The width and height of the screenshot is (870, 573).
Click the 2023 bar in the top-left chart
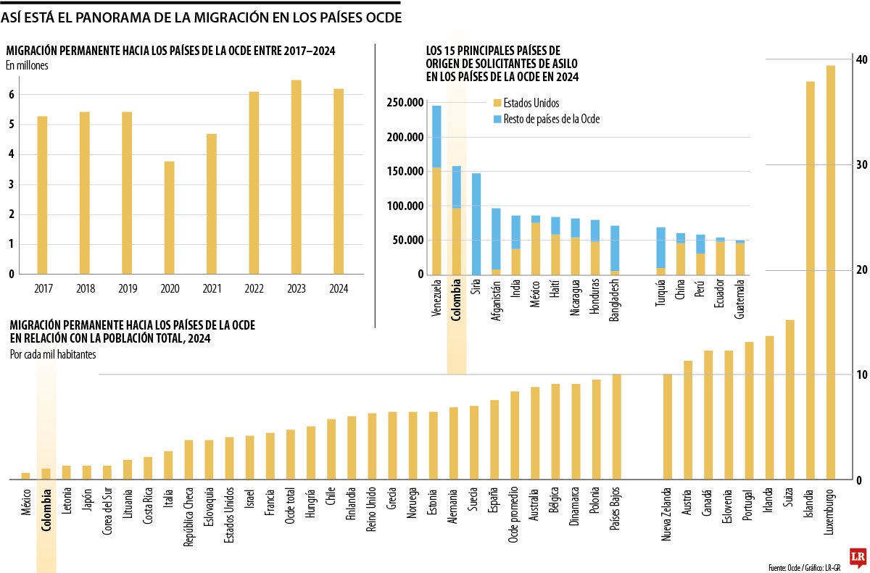297,177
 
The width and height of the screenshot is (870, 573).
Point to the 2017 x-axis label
42,288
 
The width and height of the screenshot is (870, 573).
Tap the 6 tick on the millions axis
12,94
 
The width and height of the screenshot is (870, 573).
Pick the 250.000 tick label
405,104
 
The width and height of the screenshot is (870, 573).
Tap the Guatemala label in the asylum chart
740,300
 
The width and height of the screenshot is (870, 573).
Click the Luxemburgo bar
831,272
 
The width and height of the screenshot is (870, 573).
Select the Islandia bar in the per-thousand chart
811,280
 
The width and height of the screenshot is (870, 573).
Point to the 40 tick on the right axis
860,59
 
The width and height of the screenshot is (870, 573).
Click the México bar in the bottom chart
25,476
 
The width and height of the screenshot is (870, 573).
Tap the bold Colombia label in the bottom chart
46,513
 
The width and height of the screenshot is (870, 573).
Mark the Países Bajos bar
617,427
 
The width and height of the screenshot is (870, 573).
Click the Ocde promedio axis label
515,515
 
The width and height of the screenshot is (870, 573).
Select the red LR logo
858,556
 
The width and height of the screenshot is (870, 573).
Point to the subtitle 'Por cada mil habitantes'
53,354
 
